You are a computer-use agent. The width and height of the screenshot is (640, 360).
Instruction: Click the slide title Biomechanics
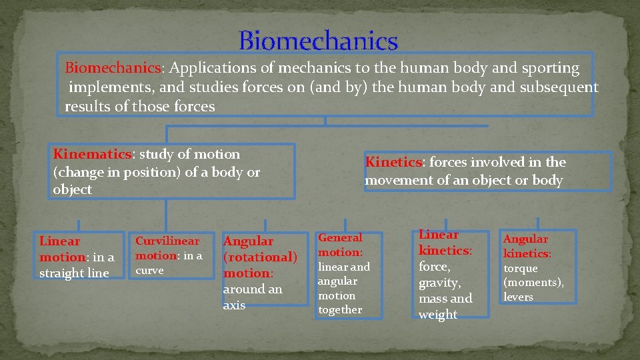[318, 41]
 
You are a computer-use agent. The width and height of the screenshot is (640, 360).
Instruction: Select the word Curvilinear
[167, 241]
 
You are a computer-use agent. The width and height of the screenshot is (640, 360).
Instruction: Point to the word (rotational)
[260, 257]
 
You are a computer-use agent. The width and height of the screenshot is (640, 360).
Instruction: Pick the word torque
[520, 268]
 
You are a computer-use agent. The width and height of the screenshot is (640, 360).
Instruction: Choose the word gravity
[439, 283]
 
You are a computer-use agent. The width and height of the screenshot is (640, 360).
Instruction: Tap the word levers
[518, 297]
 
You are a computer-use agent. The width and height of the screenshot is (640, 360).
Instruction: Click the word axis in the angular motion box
[234, 305]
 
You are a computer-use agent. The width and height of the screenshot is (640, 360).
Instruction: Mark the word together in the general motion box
[340, 309]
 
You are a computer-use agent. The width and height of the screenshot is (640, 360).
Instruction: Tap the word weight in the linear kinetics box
[437, 315]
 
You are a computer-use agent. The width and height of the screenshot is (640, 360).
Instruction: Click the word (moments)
[533, 283]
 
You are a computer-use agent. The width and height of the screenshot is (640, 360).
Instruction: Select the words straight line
[74, 273]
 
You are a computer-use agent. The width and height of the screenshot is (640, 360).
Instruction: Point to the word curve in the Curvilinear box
[149, 271]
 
